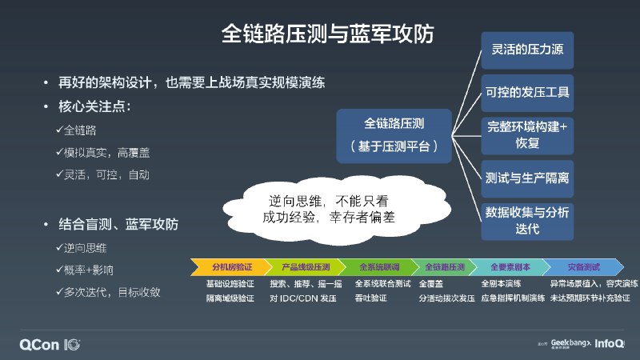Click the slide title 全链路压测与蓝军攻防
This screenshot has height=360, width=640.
pyautogui.click(x=329, y=34)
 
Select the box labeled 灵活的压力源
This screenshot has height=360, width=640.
pyautogui.click(x=527, y=50)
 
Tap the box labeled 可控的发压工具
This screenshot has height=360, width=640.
pyautogui.click(x=527, y=92)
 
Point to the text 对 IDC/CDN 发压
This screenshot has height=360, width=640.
pyautogui.click(x=302, y=298)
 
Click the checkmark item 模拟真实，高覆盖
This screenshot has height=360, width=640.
pyautogui.click(x=104, y=152)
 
